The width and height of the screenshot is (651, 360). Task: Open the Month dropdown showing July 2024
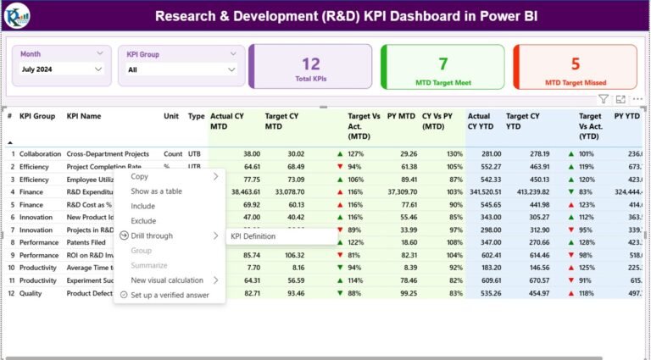(61, 69)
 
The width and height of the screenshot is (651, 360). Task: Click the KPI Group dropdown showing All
(181, 69)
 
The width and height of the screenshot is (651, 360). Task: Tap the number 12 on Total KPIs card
(311, 64)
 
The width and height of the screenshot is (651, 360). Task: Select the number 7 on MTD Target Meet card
(442, 64)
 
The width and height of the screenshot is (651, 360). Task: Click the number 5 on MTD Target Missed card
(575, 64)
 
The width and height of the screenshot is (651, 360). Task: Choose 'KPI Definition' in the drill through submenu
(253, 236)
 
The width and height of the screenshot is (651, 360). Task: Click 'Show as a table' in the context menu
(156, 191)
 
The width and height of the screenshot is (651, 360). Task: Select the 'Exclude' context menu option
(143, 221)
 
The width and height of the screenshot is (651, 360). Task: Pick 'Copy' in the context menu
(139, 177)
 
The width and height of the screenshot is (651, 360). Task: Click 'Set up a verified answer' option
(170, 295)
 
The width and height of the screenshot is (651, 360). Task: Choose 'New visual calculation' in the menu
(167, 280)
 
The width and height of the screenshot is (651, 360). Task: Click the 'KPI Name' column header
(84, 116)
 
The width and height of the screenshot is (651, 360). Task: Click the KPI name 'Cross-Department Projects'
(108, 154)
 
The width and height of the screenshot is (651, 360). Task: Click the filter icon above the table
(603, 99)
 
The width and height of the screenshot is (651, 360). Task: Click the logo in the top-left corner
(17, 14)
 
